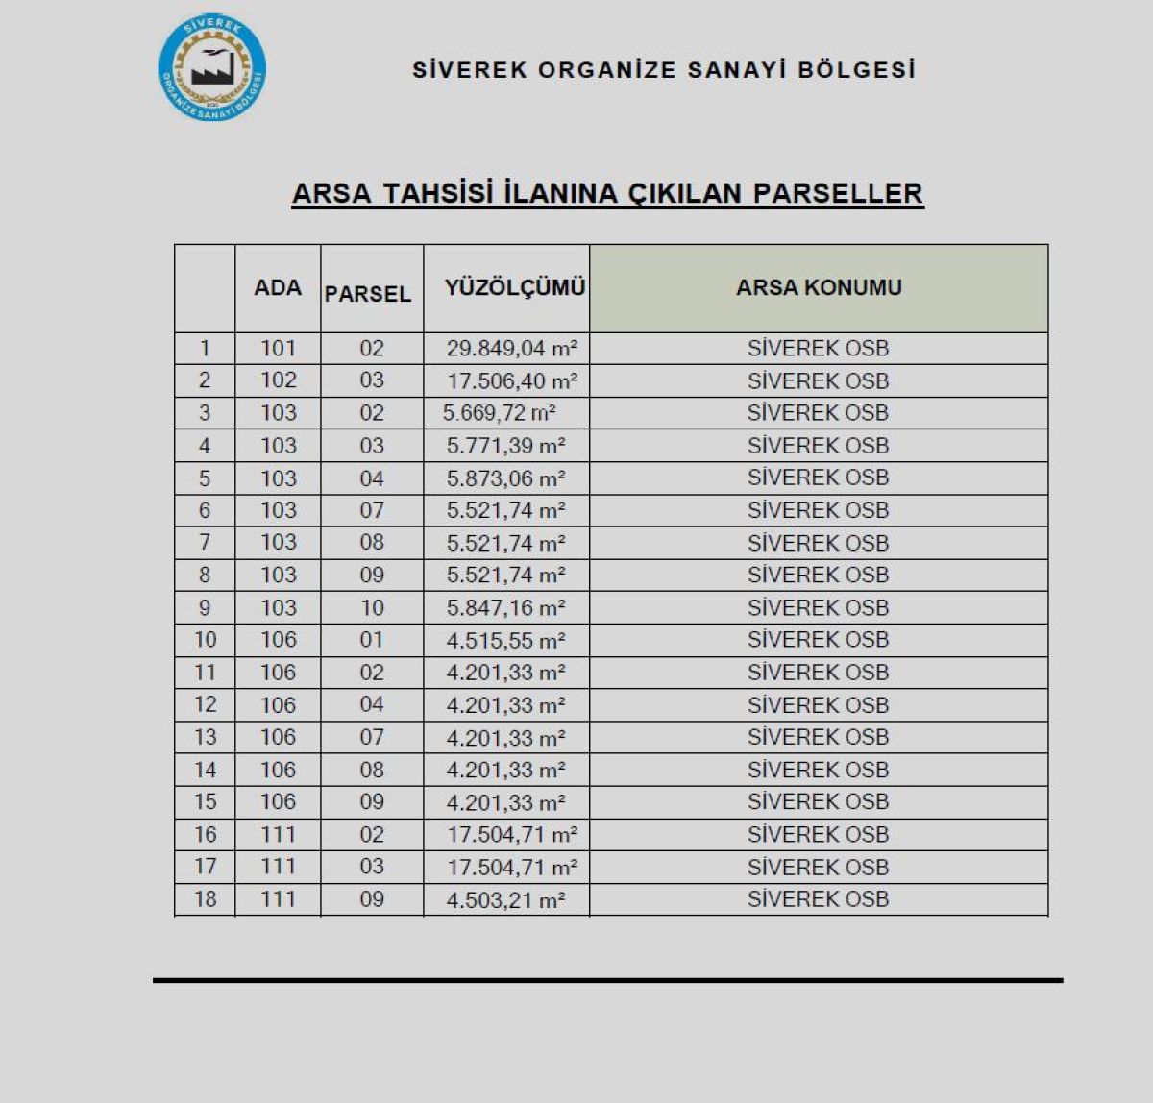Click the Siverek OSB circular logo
coord(211,68)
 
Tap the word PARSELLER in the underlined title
coord(838,193)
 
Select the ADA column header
coord(278,287)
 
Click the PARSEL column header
coord(368,294)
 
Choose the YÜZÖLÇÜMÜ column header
coord(515,287)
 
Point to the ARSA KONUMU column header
coord(819,287)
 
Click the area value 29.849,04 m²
coord(511,349)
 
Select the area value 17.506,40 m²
coord(511,381)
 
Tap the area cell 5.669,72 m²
coord(500,413)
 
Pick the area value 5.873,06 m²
coord(505,478)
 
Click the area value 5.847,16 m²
coord(505,608)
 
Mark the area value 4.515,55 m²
coord(505,641)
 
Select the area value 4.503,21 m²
coord(505,900)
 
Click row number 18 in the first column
coord(206,899)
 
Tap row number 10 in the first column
coord(206,640)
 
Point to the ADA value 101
coord(278,348)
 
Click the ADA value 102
coord(278,380)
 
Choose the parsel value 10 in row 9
coord(372,608)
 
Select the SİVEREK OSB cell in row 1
coord(818,349)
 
